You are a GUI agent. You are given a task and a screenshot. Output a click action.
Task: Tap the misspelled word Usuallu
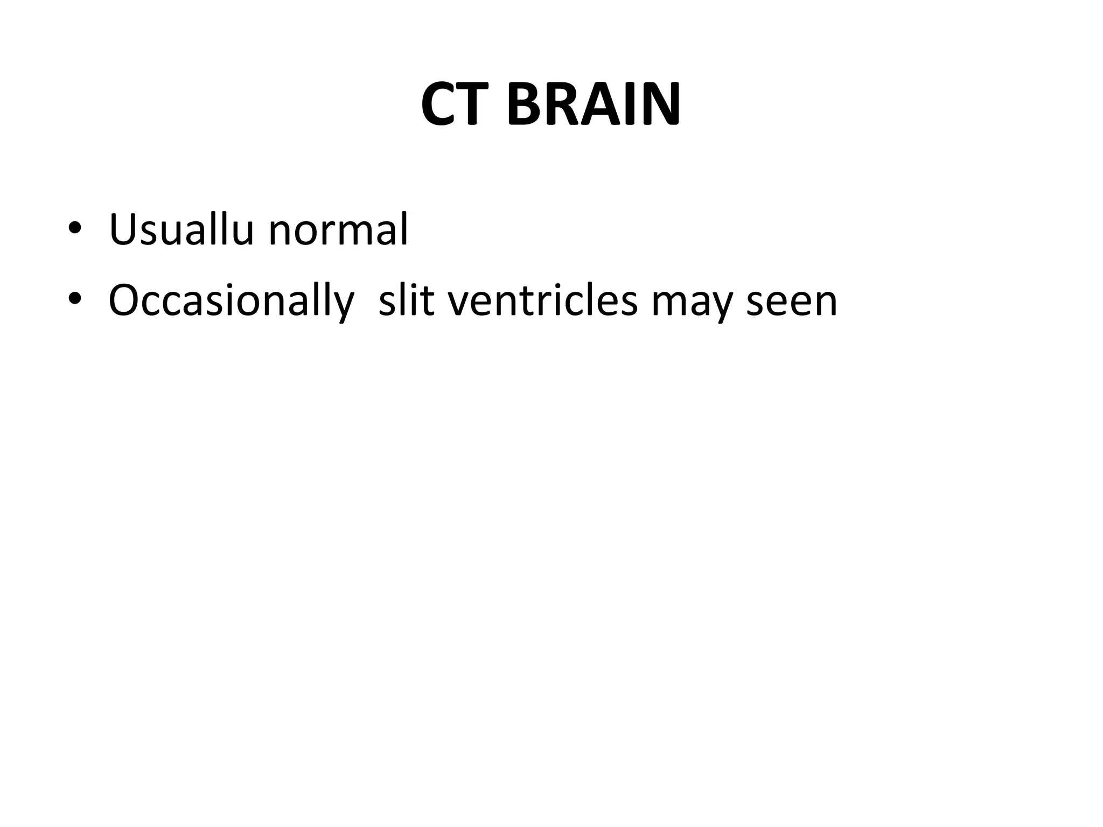[181, 230]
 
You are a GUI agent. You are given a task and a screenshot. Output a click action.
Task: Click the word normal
[338, 230]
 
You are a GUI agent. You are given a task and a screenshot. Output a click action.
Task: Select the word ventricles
[543, 300]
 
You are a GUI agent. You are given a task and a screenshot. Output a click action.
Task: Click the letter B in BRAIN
[522, 105]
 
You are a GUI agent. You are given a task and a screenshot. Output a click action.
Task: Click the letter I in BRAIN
[626, 105]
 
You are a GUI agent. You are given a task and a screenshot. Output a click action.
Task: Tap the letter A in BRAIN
[596, 105]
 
